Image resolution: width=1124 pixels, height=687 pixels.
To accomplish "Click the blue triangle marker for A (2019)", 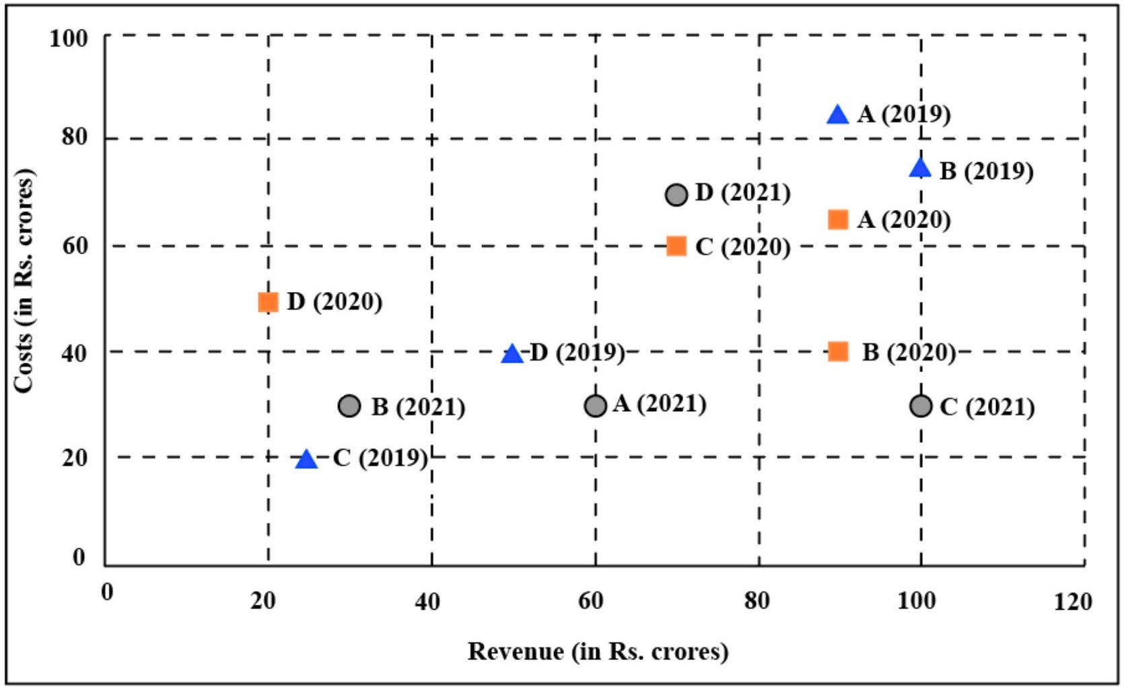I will pos(837,116).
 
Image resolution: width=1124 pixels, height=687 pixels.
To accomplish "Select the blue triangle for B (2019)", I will pos(920,168).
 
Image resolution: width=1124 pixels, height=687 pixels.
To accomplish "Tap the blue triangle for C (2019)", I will pos(306,460).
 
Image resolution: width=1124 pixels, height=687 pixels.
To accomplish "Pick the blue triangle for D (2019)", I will pos(512,354).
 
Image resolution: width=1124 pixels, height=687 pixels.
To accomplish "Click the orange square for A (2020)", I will pos(837,219).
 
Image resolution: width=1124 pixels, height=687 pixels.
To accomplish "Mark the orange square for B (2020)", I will pos(837,351).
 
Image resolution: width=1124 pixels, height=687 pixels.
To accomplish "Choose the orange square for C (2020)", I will pos(676,246).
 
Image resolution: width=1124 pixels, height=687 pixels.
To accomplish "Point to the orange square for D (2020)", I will pos(268,302).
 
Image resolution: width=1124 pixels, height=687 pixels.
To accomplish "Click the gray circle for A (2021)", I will pos(595,406).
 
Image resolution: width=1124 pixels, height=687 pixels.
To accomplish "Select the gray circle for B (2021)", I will pos(349,406).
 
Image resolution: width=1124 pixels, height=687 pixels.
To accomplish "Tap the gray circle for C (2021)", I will pos(920,406).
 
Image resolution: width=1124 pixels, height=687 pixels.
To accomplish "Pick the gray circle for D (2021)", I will pos(676,195).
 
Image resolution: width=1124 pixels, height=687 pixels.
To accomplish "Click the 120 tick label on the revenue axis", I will pos(1072,602).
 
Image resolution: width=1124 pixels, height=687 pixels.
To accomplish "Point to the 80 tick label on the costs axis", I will pos(75,137).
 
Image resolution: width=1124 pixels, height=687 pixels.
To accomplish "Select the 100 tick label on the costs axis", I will pos(69,38).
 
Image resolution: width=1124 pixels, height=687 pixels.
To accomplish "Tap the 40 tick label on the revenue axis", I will pos(427,602).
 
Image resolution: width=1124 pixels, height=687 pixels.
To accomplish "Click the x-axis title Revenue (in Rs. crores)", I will pos(598,651).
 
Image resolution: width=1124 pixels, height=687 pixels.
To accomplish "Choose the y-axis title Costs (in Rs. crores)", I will pos(24,281).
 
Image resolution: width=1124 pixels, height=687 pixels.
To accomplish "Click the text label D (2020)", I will pos(335,302).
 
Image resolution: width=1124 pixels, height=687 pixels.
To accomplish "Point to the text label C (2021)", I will pos(987,407).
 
